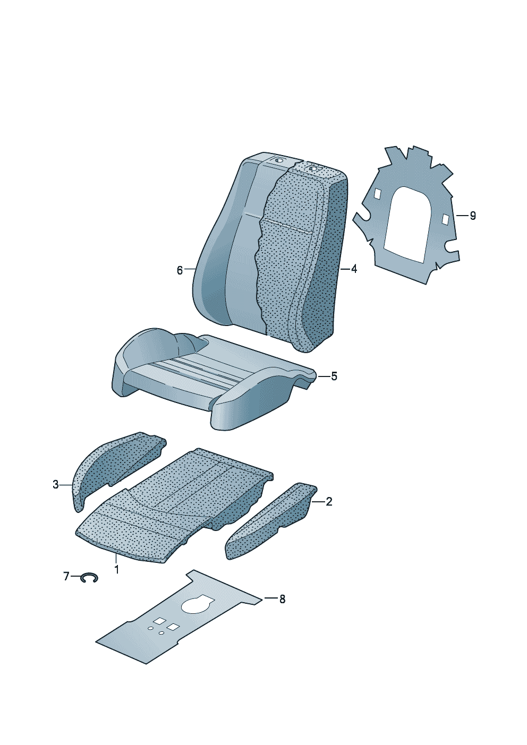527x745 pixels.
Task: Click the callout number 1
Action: [116, 569]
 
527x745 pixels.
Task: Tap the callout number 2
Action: [329, 501]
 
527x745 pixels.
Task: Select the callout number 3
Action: [56, 485]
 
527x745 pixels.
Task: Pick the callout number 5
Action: [334, 376]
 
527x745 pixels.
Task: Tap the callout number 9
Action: [472, 216]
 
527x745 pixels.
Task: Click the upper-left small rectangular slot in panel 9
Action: [378, 194]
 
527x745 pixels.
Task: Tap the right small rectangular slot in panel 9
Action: [446, 219]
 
